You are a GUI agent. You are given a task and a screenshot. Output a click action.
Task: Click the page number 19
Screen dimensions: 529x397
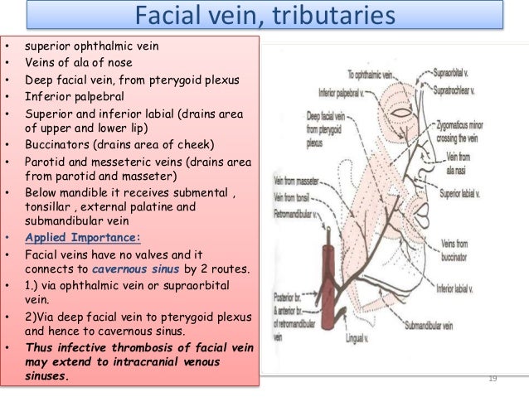(x=493, y=380)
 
